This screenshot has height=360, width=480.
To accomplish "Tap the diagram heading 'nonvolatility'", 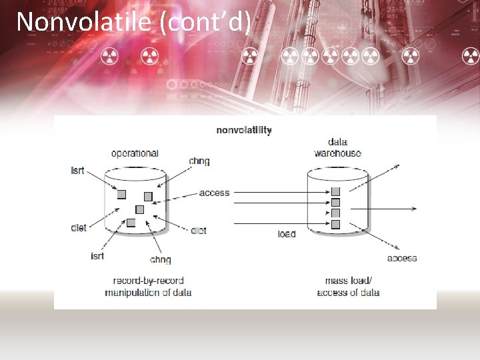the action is tap(244, 130).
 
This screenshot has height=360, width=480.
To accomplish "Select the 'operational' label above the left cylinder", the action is tap(135, 153).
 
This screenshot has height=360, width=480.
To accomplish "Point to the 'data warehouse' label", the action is tap(337, 147).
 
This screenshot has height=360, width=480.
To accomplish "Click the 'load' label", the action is tap(287, 234).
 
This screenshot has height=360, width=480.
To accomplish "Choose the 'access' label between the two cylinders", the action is tap(214, 193).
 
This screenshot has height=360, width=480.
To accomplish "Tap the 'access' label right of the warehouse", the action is tap(402, 258).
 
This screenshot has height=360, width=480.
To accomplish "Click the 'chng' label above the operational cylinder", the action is tap(199, 161).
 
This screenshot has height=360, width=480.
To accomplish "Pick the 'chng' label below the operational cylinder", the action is tap(160, 259).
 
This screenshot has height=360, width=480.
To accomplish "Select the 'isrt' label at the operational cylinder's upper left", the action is tap(78, 171).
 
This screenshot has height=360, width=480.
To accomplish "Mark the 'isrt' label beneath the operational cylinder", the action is tap(97, 256).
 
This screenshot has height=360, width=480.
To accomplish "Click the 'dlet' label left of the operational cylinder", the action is tap(79, 228).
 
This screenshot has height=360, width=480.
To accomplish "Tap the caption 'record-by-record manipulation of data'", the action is tap(148, 287).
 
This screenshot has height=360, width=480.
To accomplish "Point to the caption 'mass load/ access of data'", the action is tap(348, 287).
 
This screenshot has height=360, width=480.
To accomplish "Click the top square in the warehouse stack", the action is tap(335, 192).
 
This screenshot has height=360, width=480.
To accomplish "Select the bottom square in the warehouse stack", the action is tap(335, 224).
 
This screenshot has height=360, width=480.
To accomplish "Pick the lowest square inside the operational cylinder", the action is tap(131, 223).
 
